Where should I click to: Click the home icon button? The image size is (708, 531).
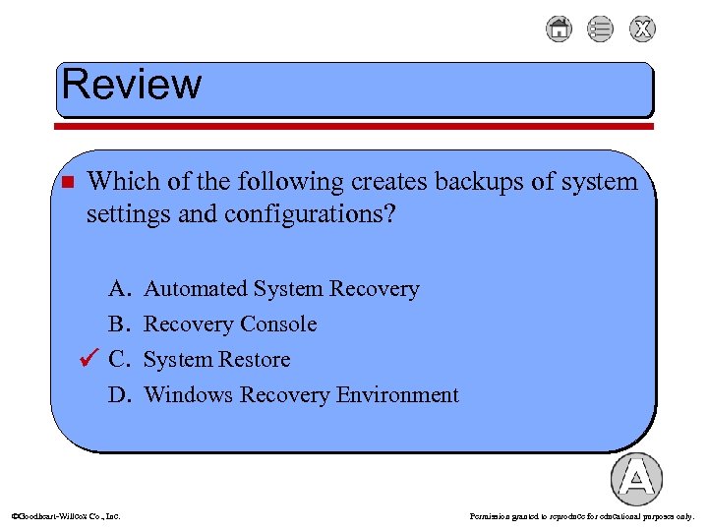click(x=559, y=29)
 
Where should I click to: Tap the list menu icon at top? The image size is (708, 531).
click(x=600, y=29)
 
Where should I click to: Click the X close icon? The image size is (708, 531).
click(x=642, y=29)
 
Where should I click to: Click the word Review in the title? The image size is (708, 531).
click(x=132, y=85)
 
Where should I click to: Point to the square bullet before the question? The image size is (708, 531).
click(x=67, y=183)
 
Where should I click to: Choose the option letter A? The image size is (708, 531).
click(x=120, y=289)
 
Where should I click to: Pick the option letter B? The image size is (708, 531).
click(x=120, y=324)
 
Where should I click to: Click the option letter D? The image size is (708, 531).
click(x=120, y=395)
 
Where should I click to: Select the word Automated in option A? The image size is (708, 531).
click(x=195, y=289)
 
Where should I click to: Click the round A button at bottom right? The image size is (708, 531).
click(x=636, y=479)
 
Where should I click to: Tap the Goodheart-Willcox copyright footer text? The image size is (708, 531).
click(x=65, y=515)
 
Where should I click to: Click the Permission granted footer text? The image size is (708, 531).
click(x=582, y=515)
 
